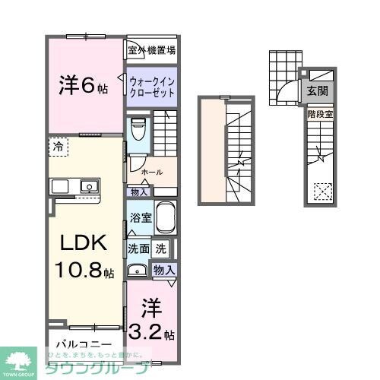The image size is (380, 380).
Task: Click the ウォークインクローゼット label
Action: (x=152, y=87)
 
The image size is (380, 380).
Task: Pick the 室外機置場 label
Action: (x=152, y=51)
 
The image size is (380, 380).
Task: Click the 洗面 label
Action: (x=138, y=248)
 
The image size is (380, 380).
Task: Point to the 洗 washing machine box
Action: (x=160, y=248)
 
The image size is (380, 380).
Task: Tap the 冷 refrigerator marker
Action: (x=59, y=144)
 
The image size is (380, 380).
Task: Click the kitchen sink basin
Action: (x=89, y=185)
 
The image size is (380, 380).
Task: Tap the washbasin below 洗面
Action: (x=138, y=269)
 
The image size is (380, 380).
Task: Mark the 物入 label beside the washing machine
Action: (x=164, y=269)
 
